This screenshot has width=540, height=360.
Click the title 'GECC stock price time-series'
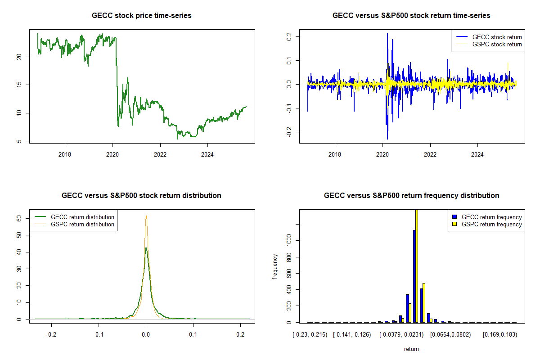(141, 16)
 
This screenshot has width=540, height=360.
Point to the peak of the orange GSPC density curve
(146, 216)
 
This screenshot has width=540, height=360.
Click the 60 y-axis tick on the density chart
(18, 218)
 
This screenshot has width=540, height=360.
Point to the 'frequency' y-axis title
(275, 267)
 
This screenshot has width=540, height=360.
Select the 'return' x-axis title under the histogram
(411, 349)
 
